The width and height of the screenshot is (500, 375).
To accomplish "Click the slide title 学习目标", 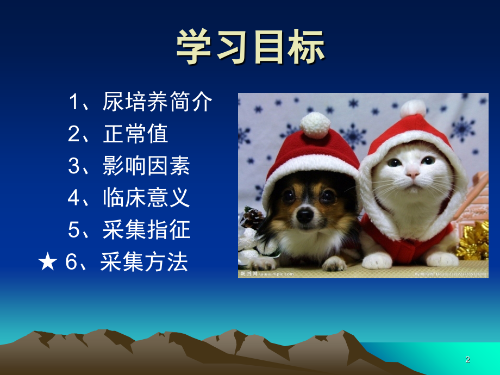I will (250, 46).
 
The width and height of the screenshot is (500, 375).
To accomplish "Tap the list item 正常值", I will (135, 134).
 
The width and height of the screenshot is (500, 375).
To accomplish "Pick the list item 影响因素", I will (146, 166).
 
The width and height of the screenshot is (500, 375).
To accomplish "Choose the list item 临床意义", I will (146, 198).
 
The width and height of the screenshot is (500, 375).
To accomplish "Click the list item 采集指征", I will (146, 230).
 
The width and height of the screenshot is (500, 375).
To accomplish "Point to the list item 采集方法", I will (144, 262).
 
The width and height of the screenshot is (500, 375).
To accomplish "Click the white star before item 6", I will (47, 262).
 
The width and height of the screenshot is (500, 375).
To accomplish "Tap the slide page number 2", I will (467, 359).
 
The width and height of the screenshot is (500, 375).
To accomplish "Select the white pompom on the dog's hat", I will (315, 124).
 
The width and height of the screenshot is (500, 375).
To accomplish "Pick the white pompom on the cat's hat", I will (413, 108).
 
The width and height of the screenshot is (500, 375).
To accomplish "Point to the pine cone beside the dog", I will (253, 217).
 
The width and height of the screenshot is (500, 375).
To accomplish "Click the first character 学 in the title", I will (195, 46).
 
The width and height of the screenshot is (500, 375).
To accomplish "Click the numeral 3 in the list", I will (74, 166).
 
